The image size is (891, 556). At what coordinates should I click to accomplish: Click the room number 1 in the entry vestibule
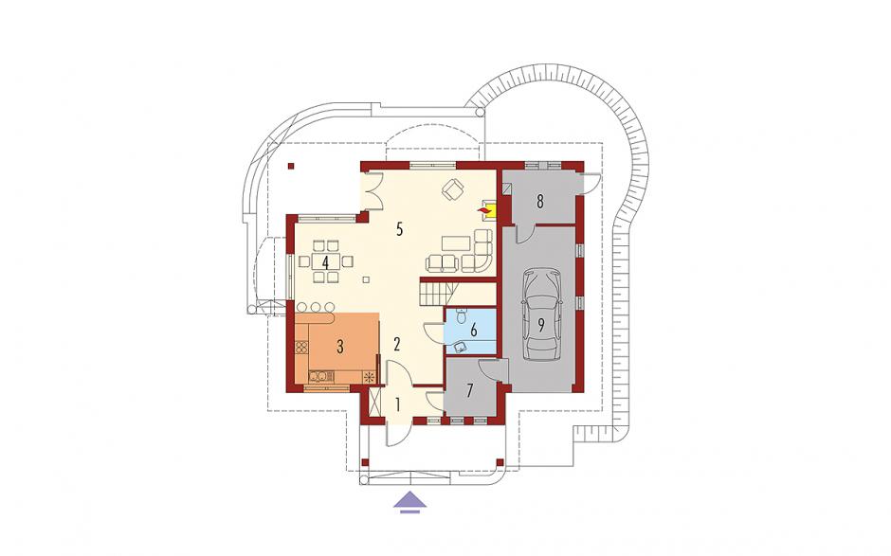coord(398,405)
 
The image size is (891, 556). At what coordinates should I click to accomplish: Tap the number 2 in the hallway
coord(397,344)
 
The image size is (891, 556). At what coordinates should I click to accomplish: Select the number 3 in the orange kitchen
coord(339,347)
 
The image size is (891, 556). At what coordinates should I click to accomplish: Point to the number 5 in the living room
coord(399,229)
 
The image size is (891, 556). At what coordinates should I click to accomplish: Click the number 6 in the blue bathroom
coord(473,329)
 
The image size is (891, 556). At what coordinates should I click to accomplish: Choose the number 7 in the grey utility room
coord(470,391)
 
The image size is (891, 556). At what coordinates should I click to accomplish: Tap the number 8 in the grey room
coord(540,201)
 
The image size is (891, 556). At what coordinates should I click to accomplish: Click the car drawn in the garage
coord(540,314)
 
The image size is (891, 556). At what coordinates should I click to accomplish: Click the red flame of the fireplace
coord(483,211)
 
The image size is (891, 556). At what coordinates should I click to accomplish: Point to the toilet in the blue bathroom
coord(461,314)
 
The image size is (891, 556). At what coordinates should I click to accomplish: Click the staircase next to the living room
coord(438,293)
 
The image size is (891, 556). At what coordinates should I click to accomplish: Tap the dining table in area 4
coord(325,261)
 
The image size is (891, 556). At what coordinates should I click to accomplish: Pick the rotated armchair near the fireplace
coord(453,189)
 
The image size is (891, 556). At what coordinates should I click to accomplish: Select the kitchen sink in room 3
coord(318,375)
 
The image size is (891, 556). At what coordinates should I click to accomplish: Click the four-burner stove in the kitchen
coord(301,346)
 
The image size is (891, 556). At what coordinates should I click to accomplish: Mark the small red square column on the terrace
coord(291,166)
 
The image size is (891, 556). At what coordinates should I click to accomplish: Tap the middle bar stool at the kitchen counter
coord(316,307)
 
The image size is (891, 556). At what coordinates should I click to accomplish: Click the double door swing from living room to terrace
coord(373,190)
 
